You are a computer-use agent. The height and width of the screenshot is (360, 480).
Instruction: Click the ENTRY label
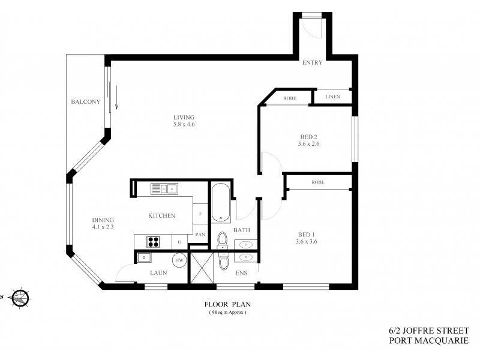pos(313,62)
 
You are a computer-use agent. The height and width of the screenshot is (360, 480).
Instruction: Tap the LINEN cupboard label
pos(333,96)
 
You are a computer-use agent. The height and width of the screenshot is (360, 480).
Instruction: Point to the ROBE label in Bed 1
pos(318,182)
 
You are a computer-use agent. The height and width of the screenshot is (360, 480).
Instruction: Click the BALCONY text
pos(85,101)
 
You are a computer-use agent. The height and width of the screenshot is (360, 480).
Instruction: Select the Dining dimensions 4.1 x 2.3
pos(103,227)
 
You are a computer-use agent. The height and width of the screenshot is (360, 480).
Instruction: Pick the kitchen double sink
pos(163,189)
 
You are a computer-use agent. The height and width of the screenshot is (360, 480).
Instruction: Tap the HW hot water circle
pos(179,260)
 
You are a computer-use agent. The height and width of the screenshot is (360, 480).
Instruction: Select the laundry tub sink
pos(144,258)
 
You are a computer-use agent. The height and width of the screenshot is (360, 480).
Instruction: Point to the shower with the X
pos(203,267)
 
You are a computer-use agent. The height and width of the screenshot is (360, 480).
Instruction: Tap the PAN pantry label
pos(200,235)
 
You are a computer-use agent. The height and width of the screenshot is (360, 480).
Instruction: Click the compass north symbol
pos(20,296)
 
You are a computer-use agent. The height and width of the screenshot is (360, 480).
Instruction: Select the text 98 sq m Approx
pos(228,313)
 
